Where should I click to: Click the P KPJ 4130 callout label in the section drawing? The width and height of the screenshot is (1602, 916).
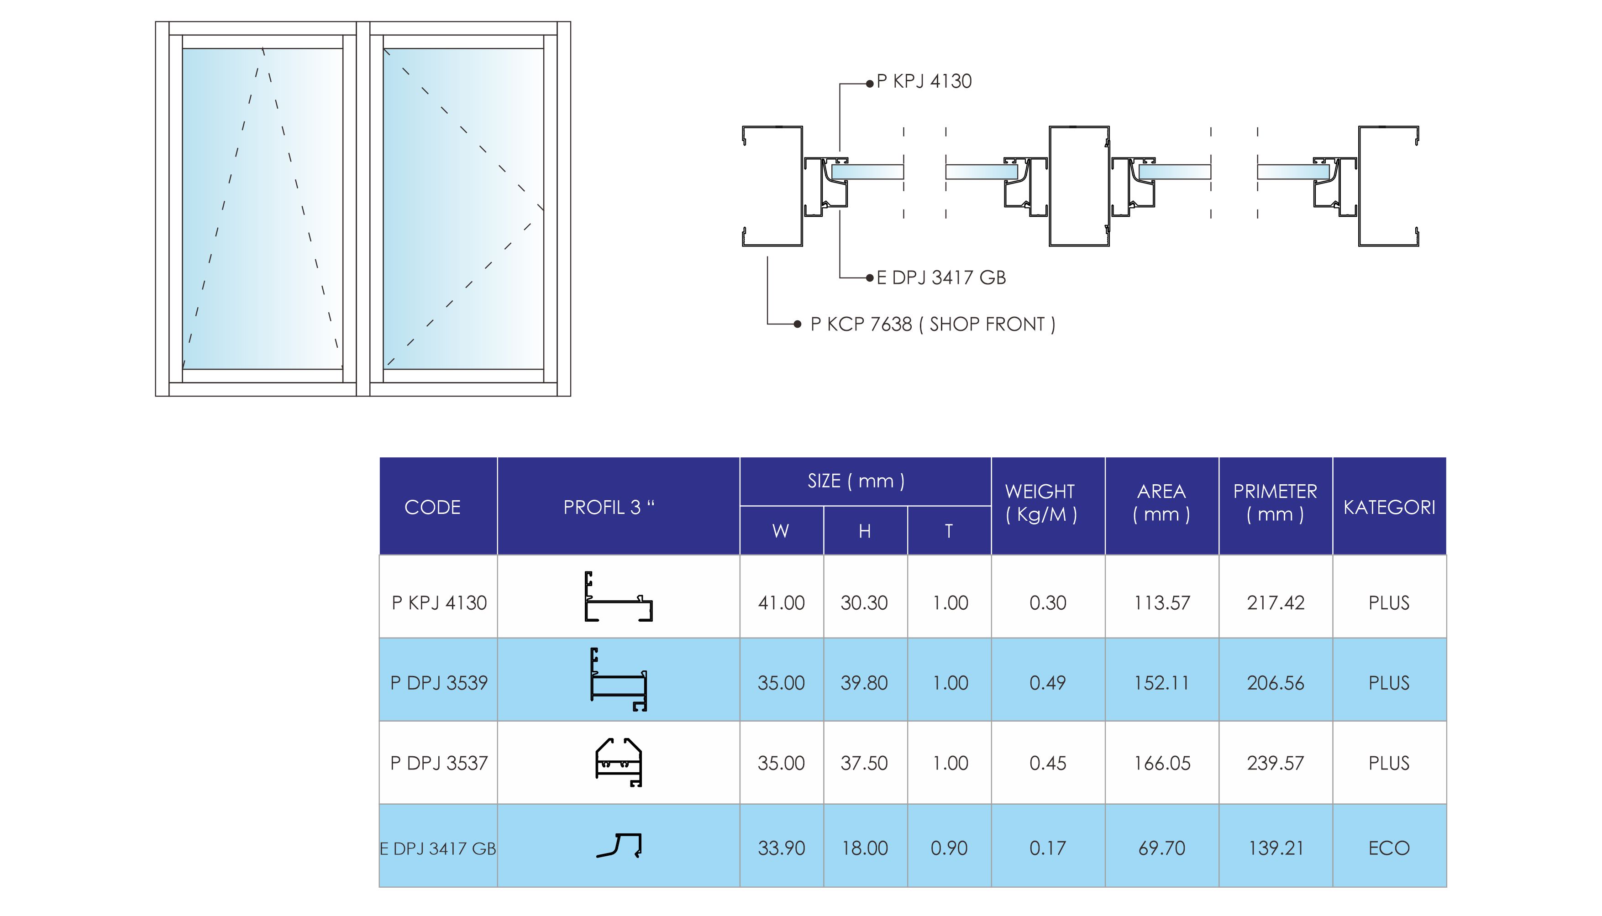924,81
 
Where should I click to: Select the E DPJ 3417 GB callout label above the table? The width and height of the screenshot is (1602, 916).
940,277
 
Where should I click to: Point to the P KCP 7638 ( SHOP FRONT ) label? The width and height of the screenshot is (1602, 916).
933,324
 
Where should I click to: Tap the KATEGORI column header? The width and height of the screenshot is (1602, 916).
1389,507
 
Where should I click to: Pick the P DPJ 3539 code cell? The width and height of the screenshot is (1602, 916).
439,683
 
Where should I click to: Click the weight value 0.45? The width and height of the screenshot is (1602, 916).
1048,763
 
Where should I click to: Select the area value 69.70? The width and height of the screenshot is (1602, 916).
1161,848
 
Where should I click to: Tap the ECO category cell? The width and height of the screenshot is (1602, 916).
1389,848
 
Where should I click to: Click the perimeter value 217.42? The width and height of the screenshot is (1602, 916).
1276,603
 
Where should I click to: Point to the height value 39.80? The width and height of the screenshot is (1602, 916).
864,683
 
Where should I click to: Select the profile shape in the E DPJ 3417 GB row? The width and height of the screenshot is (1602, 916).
619,846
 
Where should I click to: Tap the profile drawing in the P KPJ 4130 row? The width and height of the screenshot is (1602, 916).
619,597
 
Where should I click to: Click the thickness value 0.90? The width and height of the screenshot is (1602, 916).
949,848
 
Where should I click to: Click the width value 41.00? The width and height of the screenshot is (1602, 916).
781,603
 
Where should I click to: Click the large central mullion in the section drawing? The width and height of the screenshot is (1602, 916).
1079,186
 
